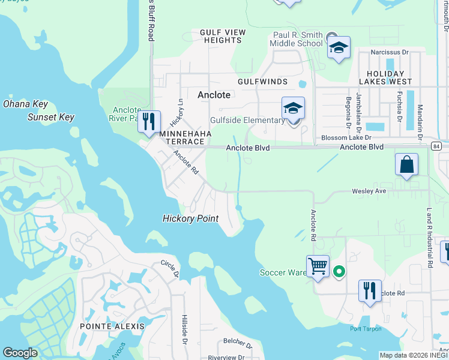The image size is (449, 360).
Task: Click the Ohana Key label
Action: (25, 104)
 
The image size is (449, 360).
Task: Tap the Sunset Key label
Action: (50, 117)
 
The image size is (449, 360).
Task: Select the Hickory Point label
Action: (190, 218)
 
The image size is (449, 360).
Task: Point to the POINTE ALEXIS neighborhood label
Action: (112, 326)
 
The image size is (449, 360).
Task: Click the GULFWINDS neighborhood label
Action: (262, 82)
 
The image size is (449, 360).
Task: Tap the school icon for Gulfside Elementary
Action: (293, 108)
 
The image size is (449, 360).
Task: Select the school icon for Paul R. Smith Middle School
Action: (339, 47)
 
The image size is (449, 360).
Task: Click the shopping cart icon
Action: (317, 265)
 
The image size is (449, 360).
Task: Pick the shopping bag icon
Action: (406, 164)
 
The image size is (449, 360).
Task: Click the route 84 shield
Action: (436, 146)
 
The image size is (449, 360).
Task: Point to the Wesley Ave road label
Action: (369, 191)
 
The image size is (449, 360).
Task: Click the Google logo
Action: (20, 353)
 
